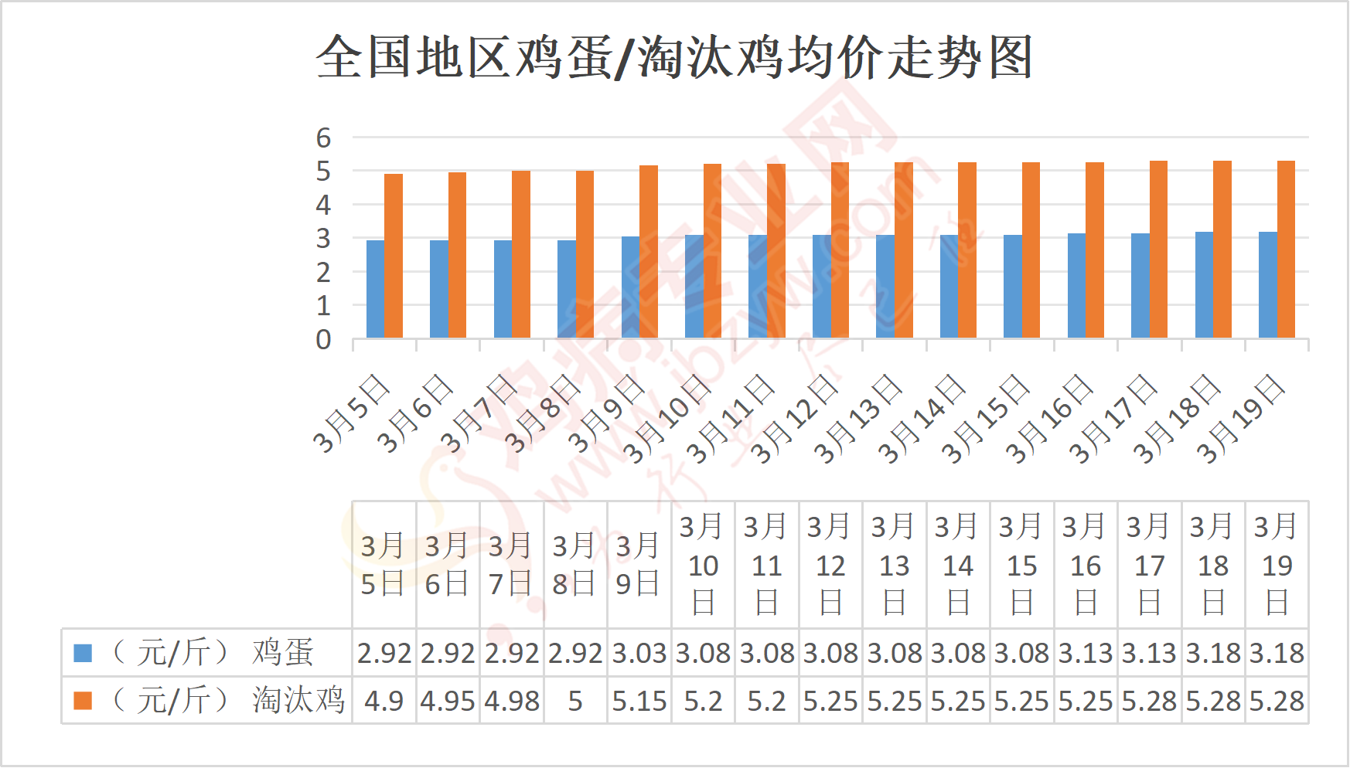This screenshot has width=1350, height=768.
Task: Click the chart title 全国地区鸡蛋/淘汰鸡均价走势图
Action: (x=674, y=57)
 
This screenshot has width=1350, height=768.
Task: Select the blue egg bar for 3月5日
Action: (x=375, y=289)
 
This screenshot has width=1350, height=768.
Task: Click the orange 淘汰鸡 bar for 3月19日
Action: (x=1286, y=249)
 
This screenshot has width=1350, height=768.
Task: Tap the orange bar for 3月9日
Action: (x=649, y=251)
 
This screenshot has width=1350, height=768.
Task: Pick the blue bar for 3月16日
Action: (x=1076, y=285)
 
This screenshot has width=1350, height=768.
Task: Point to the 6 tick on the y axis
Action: (x=323, y=138)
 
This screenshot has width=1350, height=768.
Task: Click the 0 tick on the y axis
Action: (x=323, y=339)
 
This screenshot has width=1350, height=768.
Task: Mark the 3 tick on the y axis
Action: (x=323, y=239)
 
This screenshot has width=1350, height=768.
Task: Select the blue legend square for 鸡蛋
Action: (x=83, y=653)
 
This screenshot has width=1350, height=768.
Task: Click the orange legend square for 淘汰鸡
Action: (x=83, y=700)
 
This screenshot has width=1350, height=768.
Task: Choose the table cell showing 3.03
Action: (x=639, y=654)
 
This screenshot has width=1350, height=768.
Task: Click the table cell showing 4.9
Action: (x=384, y=701)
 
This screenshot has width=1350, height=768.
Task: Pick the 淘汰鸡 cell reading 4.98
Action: (x=511, y=701)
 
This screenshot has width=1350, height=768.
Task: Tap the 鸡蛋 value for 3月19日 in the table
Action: (x=1277, y=654)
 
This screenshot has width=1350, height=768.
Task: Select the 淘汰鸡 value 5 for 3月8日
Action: (x=575, y=701)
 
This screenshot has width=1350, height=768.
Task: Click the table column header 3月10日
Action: (x=703, y=565)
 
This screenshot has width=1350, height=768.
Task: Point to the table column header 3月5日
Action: (x=384, y=565)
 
